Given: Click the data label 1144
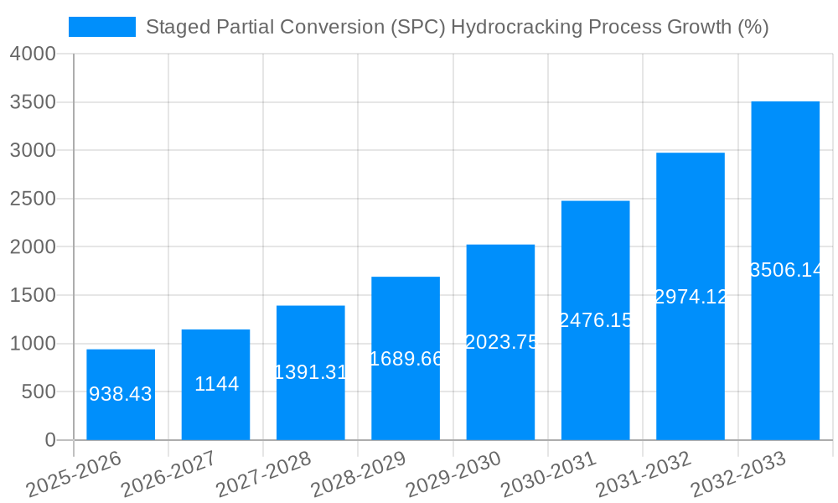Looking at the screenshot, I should coord(216,384).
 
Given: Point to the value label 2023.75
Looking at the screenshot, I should coord(501,342).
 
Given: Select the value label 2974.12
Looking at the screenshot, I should coord(691,297).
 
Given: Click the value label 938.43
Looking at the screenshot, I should coord(121,394).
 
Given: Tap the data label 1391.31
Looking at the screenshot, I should coord(311,372).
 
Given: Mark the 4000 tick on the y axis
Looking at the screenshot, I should coord(33,54).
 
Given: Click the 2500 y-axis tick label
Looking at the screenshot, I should coord(33,200).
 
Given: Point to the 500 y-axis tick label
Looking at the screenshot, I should coord(39,392).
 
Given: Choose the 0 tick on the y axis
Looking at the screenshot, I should coord(50,440).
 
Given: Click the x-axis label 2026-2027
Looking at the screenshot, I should coord(168,475).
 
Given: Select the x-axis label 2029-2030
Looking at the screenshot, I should coord(453,475).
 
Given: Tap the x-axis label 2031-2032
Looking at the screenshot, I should coord(643,475).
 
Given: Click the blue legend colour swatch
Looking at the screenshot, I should coord(101,27).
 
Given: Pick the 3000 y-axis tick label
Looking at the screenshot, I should coord(33,151).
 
